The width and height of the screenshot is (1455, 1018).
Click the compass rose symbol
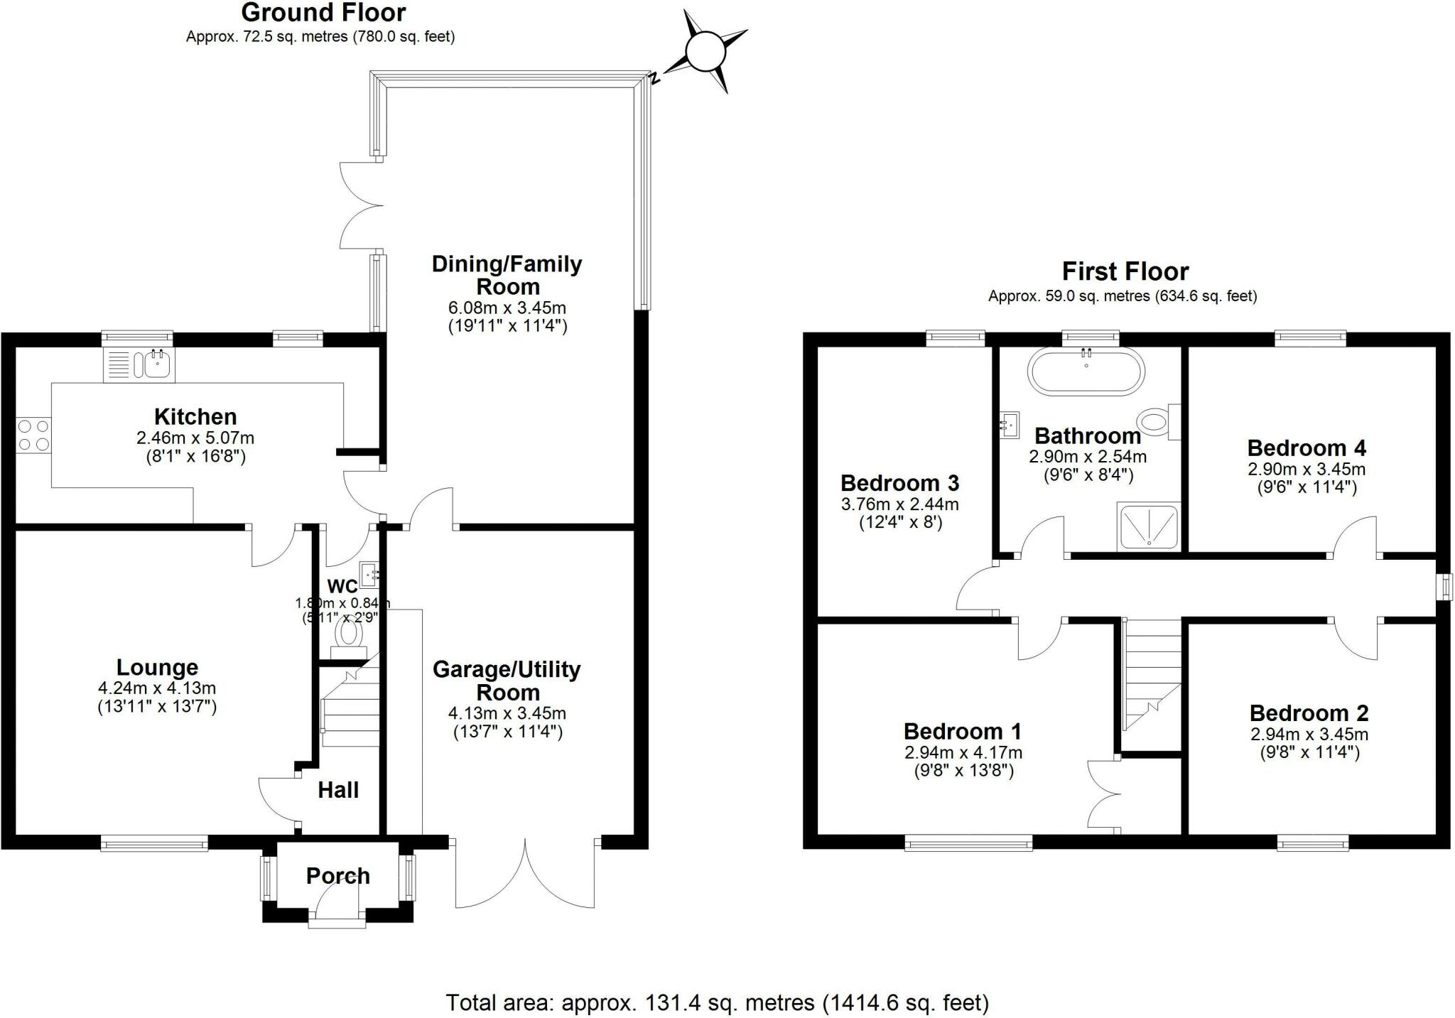705,51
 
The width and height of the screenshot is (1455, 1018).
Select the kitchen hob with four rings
33,435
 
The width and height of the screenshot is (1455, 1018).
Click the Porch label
337,875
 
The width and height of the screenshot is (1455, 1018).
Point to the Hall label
337,790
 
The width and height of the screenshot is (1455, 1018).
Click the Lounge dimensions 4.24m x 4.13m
157,688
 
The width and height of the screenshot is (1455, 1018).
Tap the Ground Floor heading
323,13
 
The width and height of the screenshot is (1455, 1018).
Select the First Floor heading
1125,271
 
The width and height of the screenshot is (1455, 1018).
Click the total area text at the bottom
717,1002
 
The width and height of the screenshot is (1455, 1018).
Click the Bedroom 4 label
1306,448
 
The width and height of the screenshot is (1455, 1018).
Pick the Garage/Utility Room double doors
525,874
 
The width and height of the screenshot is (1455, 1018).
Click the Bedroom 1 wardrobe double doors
1103,794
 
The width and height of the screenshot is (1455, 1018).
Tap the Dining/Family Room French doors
361,206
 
